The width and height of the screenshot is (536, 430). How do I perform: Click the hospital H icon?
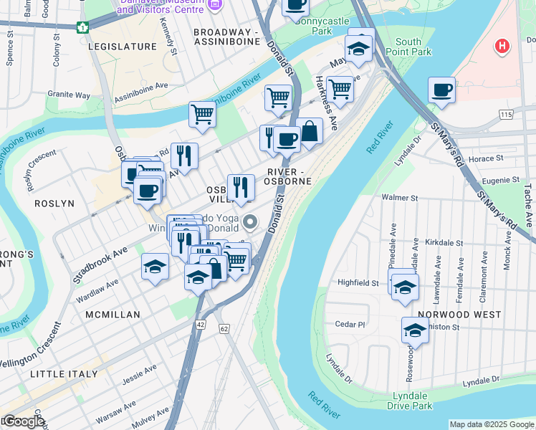click(x=503, y=47)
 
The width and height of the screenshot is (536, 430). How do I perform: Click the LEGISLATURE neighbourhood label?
click(x=122, y=47)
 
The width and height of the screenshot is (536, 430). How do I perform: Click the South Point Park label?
click(x=413, y=47)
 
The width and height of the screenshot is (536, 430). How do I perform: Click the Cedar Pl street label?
click(x=350, y=324)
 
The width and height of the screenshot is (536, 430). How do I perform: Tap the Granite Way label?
click(x=69, y=95)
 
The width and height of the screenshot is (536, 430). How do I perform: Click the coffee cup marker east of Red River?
click(x=441, y=91)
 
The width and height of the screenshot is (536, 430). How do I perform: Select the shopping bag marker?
click(x=310, y=132)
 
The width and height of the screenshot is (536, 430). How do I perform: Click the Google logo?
click(x=24, y=421)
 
